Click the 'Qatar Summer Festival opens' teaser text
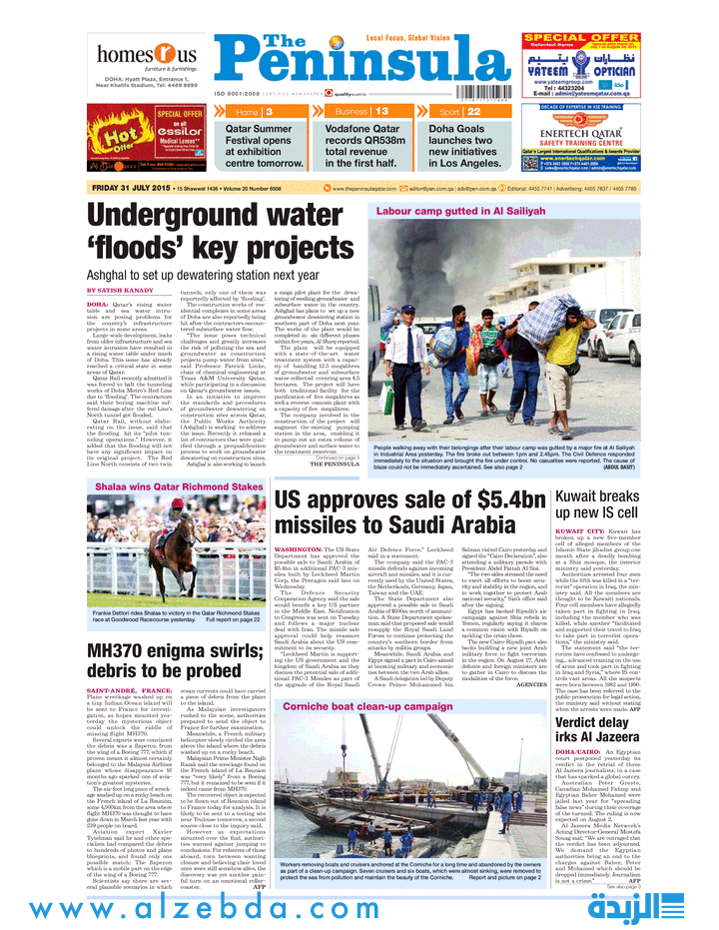click(265, 145)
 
